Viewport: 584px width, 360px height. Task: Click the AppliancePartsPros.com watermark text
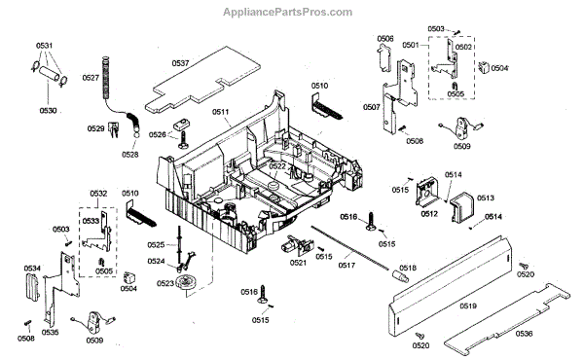[287, 13]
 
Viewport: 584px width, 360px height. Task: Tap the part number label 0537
[181, 63]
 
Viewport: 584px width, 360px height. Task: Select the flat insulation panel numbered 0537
[202, 80]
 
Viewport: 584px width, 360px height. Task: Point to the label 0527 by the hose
[91, 78]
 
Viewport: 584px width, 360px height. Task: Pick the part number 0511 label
[221, 112]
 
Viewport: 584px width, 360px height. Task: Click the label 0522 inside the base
[277, 166]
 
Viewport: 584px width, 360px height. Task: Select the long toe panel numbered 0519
[450, 286]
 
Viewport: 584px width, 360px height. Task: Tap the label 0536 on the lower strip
[524, 334]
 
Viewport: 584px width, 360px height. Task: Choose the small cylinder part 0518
[400, 276]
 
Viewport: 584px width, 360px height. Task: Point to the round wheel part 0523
[186, 282]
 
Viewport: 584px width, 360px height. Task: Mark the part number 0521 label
[299, 263]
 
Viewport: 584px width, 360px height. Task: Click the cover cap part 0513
[461, 207]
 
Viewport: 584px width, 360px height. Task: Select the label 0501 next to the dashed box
[411, 45]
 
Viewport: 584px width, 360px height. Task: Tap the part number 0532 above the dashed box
[98, 194]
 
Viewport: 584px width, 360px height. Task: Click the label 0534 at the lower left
[32, 269]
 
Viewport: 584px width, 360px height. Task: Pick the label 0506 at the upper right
[385, 39]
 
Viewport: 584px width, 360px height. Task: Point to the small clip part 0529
[114, 129]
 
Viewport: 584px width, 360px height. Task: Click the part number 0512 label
[429, 214]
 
